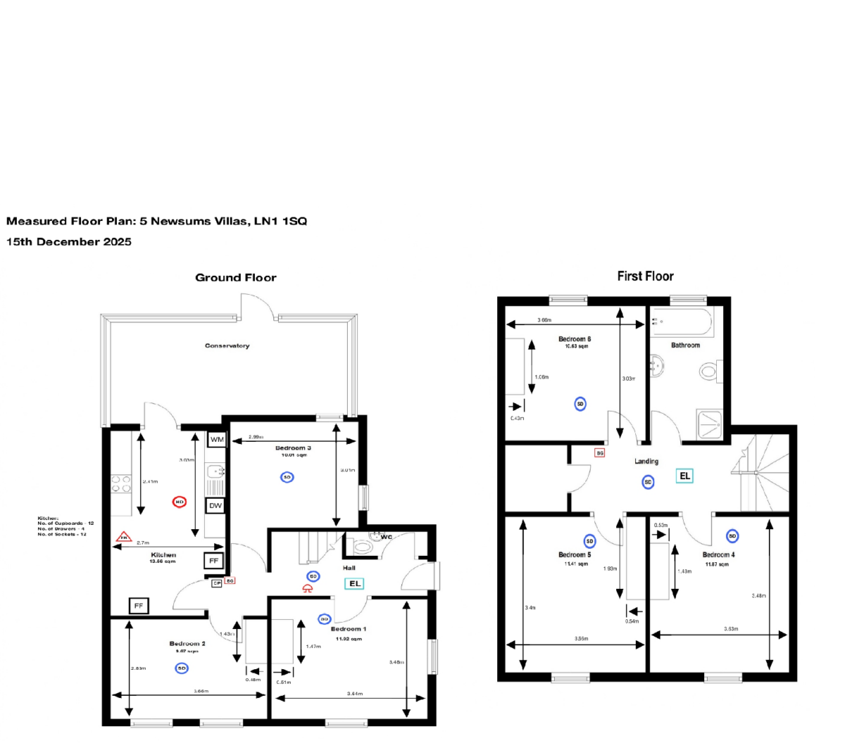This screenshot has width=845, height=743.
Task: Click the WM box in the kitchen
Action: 217,440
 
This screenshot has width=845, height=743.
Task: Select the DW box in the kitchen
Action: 215,505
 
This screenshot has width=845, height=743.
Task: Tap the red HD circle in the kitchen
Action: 180,502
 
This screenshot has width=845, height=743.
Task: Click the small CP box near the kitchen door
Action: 217,583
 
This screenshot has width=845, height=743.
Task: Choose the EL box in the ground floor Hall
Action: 355,583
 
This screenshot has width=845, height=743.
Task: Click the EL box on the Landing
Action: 684,476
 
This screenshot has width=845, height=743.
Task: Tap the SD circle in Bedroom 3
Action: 287,477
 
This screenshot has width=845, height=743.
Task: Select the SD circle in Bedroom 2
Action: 182,668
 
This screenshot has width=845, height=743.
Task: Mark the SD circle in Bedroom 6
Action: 580,404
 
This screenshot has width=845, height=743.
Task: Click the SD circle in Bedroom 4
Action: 732,536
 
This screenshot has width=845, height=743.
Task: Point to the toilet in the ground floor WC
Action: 362,545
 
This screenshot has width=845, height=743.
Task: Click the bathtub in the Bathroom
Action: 682,323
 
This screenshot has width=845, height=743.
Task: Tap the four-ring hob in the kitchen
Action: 121,484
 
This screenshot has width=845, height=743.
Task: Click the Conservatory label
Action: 227,345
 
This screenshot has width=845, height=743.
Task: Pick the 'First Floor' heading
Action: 645,277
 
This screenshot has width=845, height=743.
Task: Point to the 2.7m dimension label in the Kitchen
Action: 142,542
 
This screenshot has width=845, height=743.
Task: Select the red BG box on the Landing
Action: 600,453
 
